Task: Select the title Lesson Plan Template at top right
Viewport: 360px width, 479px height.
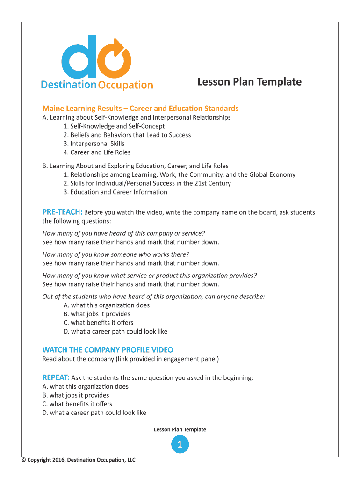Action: click(x=249, y=82)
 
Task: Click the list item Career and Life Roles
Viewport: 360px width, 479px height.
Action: click(x=100, y=152)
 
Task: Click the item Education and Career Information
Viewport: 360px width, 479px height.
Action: click(x=118, y=192)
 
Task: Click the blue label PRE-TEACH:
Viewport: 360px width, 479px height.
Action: click(x=62, y=212)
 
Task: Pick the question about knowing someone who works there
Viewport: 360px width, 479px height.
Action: click(x=115, y=254)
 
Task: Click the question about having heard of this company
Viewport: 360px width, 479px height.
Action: click(x=123, y=233)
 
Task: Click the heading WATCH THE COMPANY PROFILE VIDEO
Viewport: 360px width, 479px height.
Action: click(x=108, y=350)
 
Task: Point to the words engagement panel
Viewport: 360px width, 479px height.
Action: click(x=193, y=359)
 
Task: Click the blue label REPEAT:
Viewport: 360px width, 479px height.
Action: click(x=56, y=377)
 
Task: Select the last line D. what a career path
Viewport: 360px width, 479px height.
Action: click(x=94, y=413)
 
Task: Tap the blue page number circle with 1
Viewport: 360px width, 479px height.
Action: click(x=180, y=444)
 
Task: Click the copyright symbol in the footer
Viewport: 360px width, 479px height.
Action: click(x=23, y=460)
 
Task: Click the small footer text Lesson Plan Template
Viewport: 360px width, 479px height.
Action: click(x=180, y=429)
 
